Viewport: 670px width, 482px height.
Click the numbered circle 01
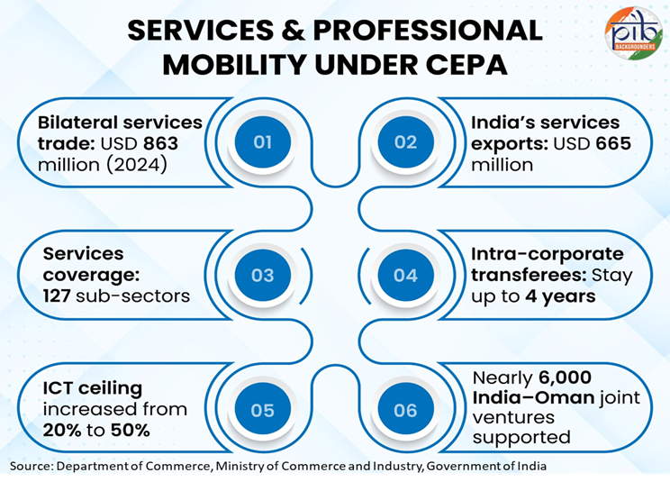pyautogui.click(x=263, y=141)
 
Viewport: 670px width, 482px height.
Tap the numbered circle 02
pyautogui.click(x=406, y=141)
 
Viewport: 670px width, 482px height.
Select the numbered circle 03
pyautogui.click(x=263, y=275)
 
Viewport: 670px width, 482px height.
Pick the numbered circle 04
pyautogui.click(x=406, y=275)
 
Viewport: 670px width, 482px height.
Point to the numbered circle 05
pyautogui.click(x=263, y=410)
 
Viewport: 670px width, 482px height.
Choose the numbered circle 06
pyautogui.click(x=406, y=410)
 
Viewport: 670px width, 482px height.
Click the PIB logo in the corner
pyautogui.click(x=632, y=32)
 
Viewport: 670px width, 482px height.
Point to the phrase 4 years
pyautogui.click(x=556, y=296)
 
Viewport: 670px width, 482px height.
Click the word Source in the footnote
pyautogui.click(x=33, y=465)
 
